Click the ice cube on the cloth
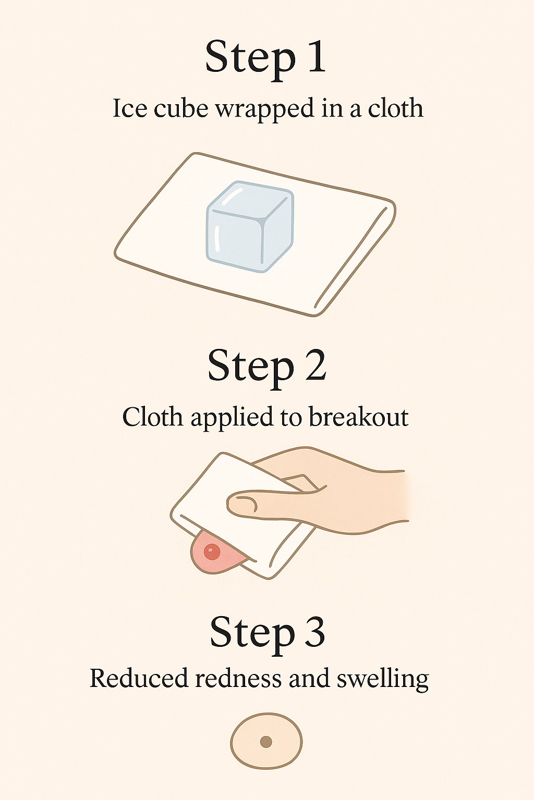click(x=250, y=227)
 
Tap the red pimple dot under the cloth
click(x=212, y=552)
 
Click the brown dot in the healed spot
click(x=266, y=742)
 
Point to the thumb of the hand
click(x=275, y=499)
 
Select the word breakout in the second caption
click(x=358, y=417)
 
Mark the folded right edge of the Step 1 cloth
click(x=354, y=258)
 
